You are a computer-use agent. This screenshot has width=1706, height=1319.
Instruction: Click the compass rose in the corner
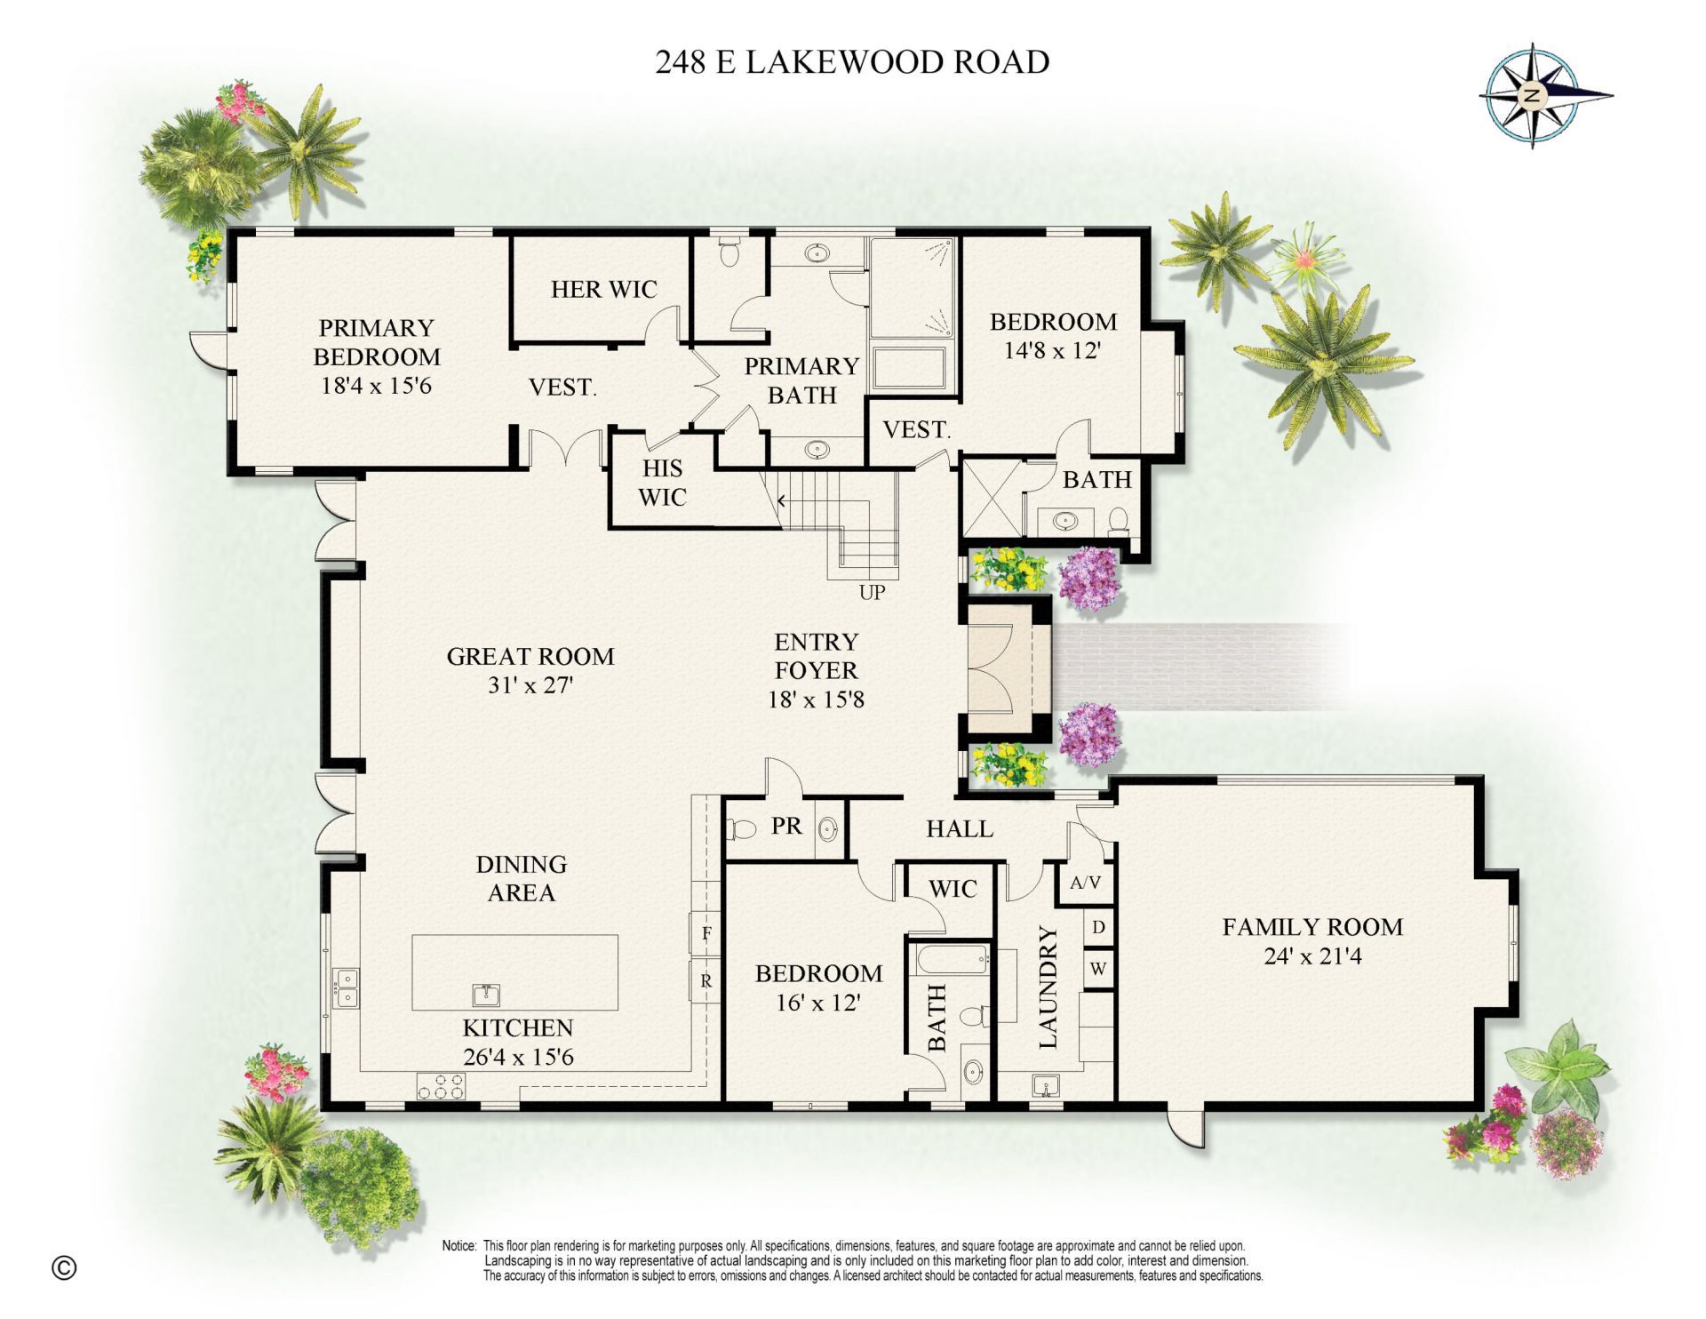[1534, 94]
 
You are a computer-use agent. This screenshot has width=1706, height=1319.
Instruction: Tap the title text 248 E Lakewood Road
[852, 62]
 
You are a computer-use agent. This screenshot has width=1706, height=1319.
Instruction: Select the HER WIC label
[603, 289]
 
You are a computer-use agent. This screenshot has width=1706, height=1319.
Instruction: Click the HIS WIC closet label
[662, 483]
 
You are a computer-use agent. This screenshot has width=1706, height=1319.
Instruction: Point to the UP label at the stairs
[872, 592]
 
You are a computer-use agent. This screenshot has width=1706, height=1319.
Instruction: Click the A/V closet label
[1085, 883]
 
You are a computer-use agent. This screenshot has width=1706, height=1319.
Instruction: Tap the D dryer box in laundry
[1098, 928]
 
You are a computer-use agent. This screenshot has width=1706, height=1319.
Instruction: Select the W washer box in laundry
[1098, 969]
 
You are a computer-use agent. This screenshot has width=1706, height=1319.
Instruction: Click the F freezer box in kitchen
[706, 933]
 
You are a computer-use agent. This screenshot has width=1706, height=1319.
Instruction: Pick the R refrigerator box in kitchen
[706, 981]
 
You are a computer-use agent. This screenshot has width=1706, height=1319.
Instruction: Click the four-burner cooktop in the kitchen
[442, 1086]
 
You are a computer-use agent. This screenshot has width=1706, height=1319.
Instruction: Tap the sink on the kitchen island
[485, 995]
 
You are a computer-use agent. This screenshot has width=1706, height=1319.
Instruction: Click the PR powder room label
[786, 827]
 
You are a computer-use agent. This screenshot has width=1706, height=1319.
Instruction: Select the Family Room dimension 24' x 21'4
[1312, 956]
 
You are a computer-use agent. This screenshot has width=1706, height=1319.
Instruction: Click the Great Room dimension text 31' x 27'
[530, 685]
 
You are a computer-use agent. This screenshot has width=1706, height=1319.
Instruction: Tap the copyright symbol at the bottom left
[64, 1267]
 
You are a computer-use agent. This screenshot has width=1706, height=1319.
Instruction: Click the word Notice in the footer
[459, 1246]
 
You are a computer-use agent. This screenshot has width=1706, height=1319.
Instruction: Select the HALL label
[960, 829]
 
